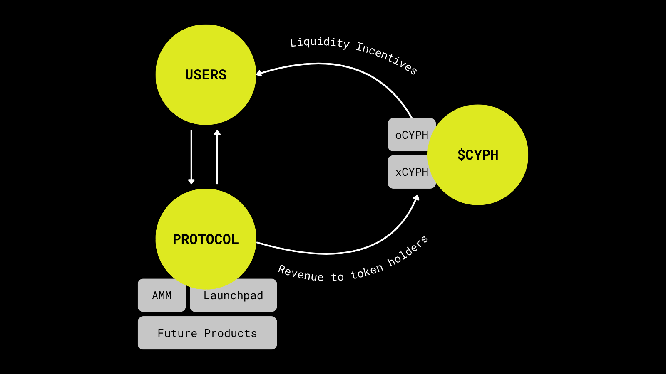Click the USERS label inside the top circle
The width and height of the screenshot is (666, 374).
click(x=206, y=75)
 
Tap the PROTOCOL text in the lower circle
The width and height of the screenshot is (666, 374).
click(x=206, y=239)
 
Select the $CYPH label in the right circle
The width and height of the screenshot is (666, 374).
click(x=478, y=155)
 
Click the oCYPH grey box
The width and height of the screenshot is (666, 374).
click(x=410, y=135)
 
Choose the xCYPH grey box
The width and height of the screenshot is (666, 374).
click(x=410, y=172)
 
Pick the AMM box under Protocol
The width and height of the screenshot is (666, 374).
click(x=162, y=295)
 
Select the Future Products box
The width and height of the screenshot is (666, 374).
click(x=207, y=333)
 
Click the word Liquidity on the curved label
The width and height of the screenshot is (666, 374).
click(x=319, y=42)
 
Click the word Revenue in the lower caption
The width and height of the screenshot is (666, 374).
click(x=301, y=273)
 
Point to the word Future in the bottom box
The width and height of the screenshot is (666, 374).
click(x=177, y=333)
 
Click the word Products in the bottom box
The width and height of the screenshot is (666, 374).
click(x=231, y=333)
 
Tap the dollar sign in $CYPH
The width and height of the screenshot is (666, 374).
click(x=461, y=155)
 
